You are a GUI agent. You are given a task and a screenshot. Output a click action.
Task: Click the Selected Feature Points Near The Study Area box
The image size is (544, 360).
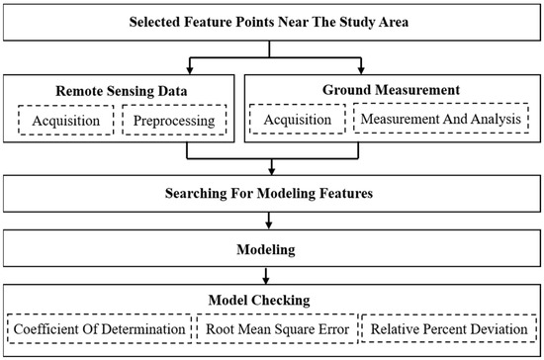pyautogui.click(x=272, y=23)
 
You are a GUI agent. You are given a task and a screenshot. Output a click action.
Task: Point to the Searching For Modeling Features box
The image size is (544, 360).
pyautogui.click(x=272, y=193)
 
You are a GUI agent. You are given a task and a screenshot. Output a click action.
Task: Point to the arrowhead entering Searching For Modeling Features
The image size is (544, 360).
pyautogui.click(x=272, y=172)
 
